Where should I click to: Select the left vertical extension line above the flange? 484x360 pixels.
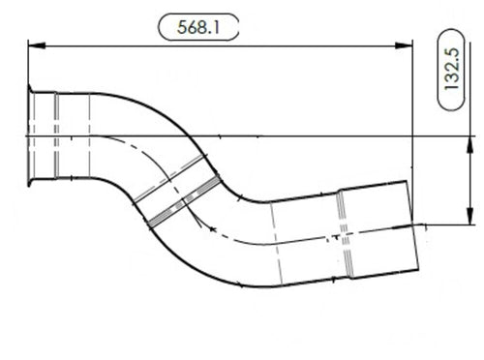(x=28, y=68)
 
